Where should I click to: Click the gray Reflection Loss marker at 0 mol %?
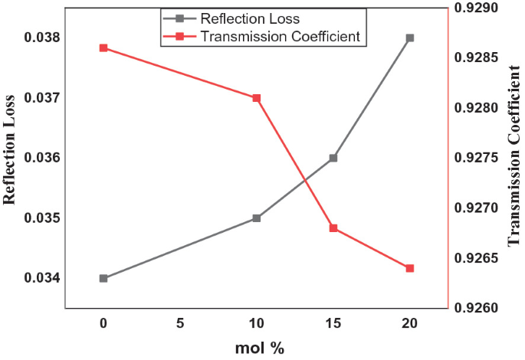point(103,278)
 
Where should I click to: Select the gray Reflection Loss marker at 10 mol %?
point(257,218)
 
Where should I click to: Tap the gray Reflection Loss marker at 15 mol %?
point(333,158)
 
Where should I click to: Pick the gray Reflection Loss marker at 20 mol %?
point(410,38)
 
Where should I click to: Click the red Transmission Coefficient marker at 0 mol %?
point(103,47)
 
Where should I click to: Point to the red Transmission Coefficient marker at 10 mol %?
point(257,98)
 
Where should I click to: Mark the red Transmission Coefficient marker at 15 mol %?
point(333,228)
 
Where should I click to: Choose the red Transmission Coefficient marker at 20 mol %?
point(410,268)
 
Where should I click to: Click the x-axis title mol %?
point(259,349)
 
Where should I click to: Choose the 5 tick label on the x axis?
point(180,324)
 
